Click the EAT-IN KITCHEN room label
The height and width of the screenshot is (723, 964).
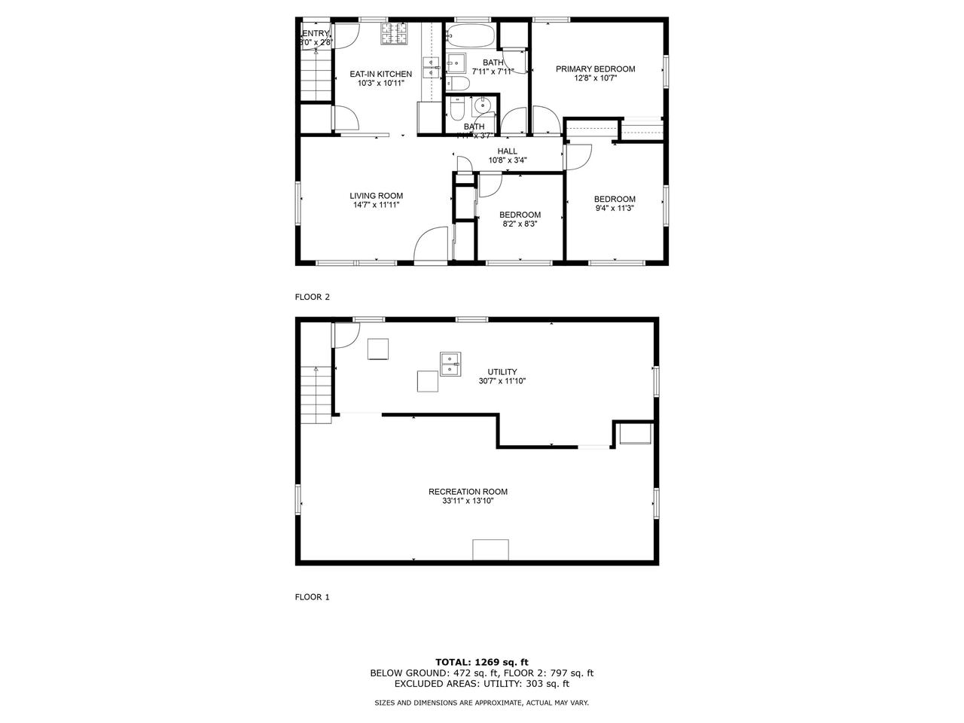pos(380,74)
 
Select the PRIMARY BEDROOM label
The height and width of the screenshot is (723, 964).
pos(595,69)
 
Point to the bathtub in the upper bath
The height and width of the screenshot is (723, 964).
pos(469,35)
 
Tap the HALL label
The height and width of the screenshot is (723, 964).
pos(507,151)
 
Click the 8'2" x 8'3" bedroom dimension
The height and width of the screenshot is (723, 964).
pos(520,224)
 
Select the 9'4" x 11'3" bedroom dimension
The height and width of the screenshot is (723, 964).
pos(615,209)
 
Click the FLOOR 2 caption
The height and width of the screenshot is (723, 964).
pos(312,297)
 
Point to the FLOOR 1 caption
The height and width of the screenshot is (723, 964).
pos(312,597)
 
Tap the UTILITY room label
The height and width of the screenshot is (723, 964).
pos(502,371)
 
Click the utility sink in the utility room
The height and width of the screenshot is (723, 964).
pos(450,363)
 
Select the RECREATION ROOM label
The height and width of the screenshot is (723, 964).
pos(468,492)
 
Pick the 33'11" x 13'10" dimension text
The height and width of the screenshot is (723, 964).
pos(468,501)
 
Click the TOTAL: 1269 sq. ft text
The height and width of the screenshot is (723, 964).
pos(482,662)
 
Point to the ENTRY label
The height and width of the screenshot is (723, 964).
pos(316,33)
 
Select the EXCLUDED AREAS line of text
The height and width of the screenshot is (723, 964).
pos(482,684)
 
